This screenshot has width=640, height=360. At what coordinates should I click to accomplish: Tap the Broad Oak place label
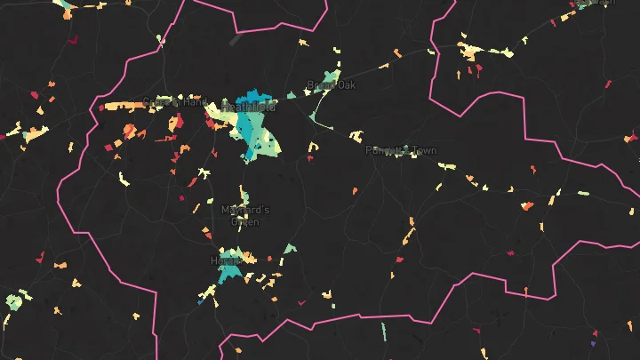331,85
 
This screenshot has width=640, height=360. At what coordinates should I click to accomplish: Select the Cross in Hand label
174,102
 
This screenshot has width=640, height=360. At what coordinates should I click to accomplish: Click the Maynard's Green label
244,215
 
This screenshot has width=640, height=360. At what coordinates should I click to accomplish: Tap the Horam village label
226,260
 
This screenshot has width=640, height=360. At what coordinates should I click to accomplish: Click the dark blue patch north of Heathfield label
254,95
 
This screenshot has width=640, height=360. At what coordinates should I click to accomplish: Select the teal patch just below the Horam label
230,274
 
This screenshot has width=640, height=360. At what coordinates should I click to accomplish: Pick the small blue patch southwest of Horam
201,302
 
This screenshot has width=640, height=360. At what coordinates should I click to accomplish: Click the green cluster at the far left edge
12,301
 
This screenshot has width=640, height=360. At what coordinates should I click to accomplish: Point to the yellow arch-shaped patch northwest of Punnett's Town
356,136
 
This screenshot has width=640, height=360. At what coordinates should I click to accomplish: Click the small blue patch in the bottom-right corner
593,343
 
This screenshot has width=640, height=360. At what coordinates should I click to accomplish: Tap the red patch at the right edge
631,138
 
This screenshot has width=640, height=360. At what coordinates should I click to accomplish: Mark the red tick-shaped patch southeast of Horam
300,302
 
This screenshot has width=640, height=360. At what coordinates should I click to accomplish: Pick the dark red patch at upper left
72,40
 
